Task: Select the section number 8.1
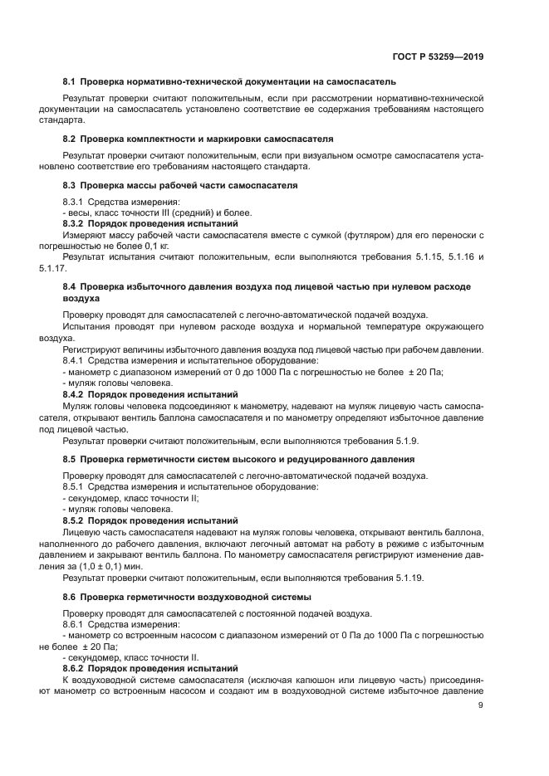click(70, 81)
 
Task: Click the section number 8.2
click(70, 139)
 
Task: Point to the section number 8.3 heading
click(70, 184)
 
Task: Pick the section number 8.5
click(70, 459)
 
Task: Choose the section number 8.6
click(70, 597)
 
